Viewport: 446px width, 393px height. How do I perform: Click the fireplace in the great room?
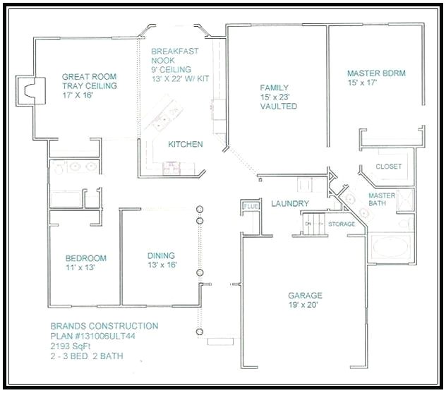pos(29,90)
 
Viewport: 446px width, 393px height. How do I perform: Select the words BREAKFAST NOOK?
pos(174,56)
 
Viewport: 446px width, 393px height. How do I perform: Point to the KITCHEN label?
pos(185,145)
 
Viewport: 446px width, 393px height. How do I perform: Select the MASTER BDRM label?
pos(376,73)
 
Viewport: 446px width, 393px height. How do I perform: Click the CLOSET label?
pos(388,167)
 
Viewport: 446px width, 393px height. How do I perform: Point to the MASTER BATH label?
pos(382,200)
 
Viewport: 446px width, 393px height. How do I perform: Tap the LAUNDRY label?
pos(290,204)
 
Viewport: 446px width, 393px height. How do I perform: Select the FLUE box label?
pos(251,207)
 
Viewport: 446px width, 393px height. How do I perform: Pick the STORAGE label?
pos(342,224)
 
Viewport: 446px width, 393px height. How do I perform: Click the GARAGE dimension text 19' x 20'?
pos(304,306)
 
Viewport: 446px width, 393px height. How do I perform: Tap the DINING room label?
pos(161,256)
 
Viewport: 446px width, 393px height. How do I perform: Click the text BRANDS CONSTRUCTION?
pos(104,326)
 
